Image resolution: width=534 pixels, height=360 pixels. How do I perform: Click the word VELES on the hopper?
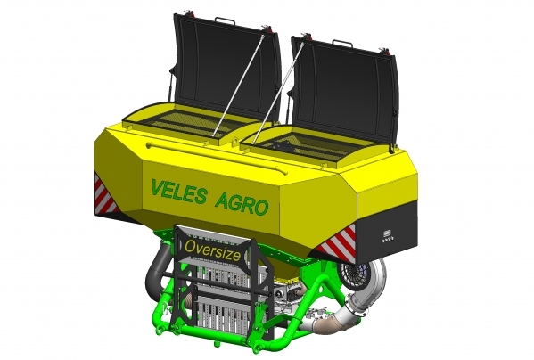179,192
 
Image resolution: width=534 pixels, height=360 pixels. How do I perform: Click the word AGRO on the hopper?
242,203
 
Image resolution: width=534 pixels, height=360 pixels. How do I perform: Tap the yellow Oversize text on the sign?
212,250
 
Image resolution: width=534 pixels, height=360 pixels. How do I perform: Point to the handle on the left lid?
225,20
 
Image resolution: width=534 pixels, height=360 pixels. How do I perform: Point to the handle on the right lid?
342,43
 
